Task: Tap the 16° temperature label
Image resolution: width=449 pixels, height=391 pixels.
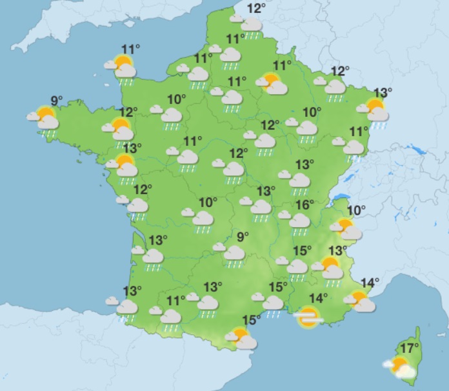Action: [x=304, y=205]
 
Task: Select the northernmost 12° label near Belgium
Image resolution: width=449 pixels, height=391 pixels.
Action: [x=256, y=8]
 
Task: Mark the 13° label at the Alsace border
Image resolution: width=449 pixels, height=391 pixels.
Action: [x=383, y=92]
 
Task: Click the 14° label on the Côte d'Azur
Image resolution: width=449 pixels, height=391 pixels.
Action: [x=370, y=282]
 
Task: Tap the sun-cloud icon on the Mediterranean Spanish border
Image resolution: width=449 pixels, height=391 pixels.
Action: [x=241, y=338]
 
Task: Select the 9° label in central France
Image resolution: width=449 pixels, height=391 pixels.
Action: [x=243, y=237]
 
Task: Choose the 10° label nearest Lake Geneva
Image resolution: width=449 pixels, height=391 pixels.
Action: [x=356, y=210]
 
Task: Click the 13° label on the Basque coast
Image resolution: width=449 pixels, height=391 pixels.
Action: [x=132, y=290]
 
